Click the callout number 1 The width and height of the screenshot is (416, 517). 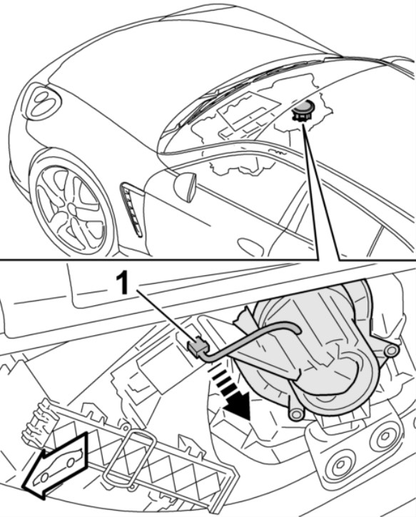[x=122, y=284]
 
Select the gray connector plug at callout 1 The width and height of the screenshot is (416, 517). [x=197, y=345]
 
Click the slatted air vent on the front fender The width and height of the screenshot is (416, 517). [x=131, y=210]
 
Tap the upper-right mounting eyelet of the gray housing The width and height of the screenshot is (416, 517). [x=391, y=351]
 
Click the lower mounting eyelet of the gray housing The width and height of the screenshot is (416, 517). [x=295, y=414]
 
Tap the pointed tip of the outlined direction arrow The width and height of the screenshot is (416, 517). [x=23, y=487]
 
